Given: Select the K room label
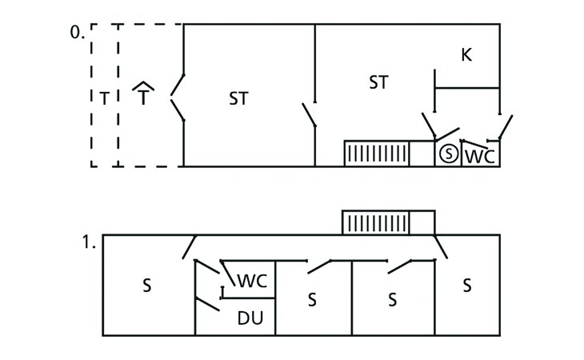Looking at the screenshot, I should [466, 55].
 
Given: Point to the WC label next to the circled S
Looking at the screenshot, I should [479, 155].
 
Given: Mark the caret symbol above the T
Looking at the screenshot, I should [142, 85].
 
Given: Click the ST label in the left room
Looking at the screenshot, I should [238, 98].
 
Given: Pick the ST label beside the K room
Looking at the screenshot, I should [378, 82].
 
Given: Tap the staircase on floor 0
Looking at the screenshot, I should [377, 154].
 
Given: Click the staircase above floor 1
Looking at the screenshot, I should [376, 222].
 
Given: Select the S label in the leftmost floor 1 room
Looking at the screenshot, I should [147, 286].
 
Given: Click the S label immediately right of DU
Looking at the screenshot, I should [313, 299].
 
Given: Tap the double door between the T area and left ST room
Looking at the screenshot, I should [178, 98].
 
